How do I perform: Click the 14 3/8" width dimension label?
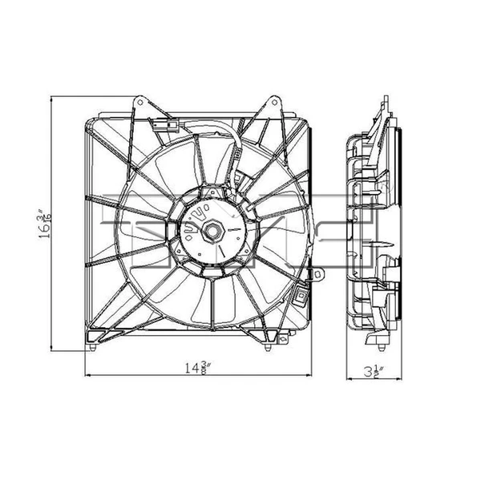[198, 370]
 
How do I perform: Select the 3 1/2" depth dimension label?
[370, 370]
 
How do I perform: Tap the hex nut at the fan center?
[215, 229]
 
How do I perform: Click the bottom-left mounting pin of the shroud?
[95, 348]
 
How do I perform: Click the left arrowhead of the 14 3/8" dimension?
[88, 377]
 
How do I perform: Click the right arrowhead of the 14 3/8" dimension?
[310, 377]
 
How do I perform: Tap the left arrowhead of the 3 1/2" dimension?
[347, 377]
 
